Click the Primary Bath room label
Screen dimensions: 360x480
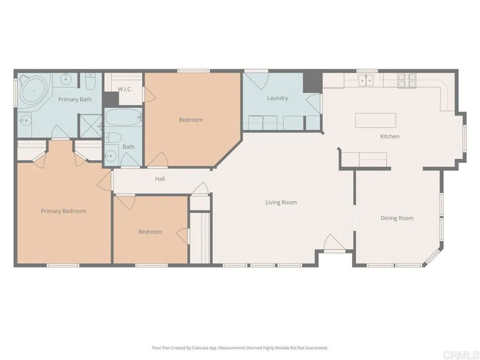(75, 99)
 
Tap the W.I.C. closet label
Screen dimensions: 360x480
(124, 89)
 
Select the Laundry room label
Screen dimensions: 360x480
(277, 98)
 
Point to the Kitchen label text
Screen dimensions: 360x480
(390, 136)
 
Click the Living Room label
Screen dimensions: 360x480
(281, 202)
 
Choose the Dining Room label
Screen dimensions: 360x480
(397, 218)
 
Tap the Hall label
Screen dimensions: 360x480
(160, 179)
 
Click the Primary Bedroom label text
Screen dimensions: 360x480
(63, 211)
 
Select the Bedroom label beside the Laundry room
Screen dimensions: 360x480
(191, 120)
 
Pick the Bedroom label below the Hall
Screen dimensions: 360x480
(150, 232)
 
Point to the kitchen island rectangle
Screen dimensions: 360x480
(375, 120)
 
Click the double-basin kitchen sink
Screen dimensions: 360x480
(366, 80)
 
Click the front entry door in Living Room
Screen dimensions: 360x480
(334, 244)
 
